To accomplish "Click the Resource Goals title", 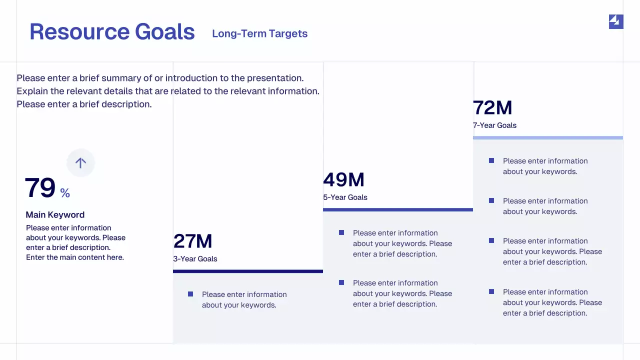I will [x=112, y=31].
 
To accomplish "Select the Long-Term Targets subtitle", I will [x=259, y=33].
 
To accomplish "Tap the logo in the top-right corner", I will [x=616, y=21].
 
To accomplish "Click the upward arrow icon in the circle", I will [x=80, y=162].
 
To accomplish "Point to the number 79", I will [x=40, y=188].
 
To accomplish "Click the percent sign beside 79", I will [x=65, y=193].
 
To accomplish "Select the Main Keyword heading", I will [x=55, y=214].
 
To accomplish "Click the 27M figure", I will [x=193, y=241].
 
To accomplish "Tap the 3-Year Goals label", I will [x=195, y=258].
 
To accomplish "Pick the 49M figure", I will [x=344, y=179].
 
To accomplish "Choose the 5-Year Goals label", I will [x=345, y=197].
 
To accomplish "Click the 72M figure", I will [x=493, y=107].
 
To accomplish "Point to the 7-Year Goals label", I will [x=494, y=125].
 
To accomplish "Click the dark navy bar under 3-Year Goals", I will [x=248, y=271].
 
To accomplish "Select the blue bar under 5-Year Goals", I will [x=398, y=209].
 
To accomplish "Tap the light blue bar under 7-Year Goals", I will [x=548, y=137].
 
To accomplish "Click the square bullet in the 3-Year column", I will [x=190, y=294].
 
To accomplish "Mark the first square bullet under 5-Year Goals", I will [x=341, y=232].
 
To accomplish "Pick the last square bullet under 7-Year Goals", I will [x=491, y=291].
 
